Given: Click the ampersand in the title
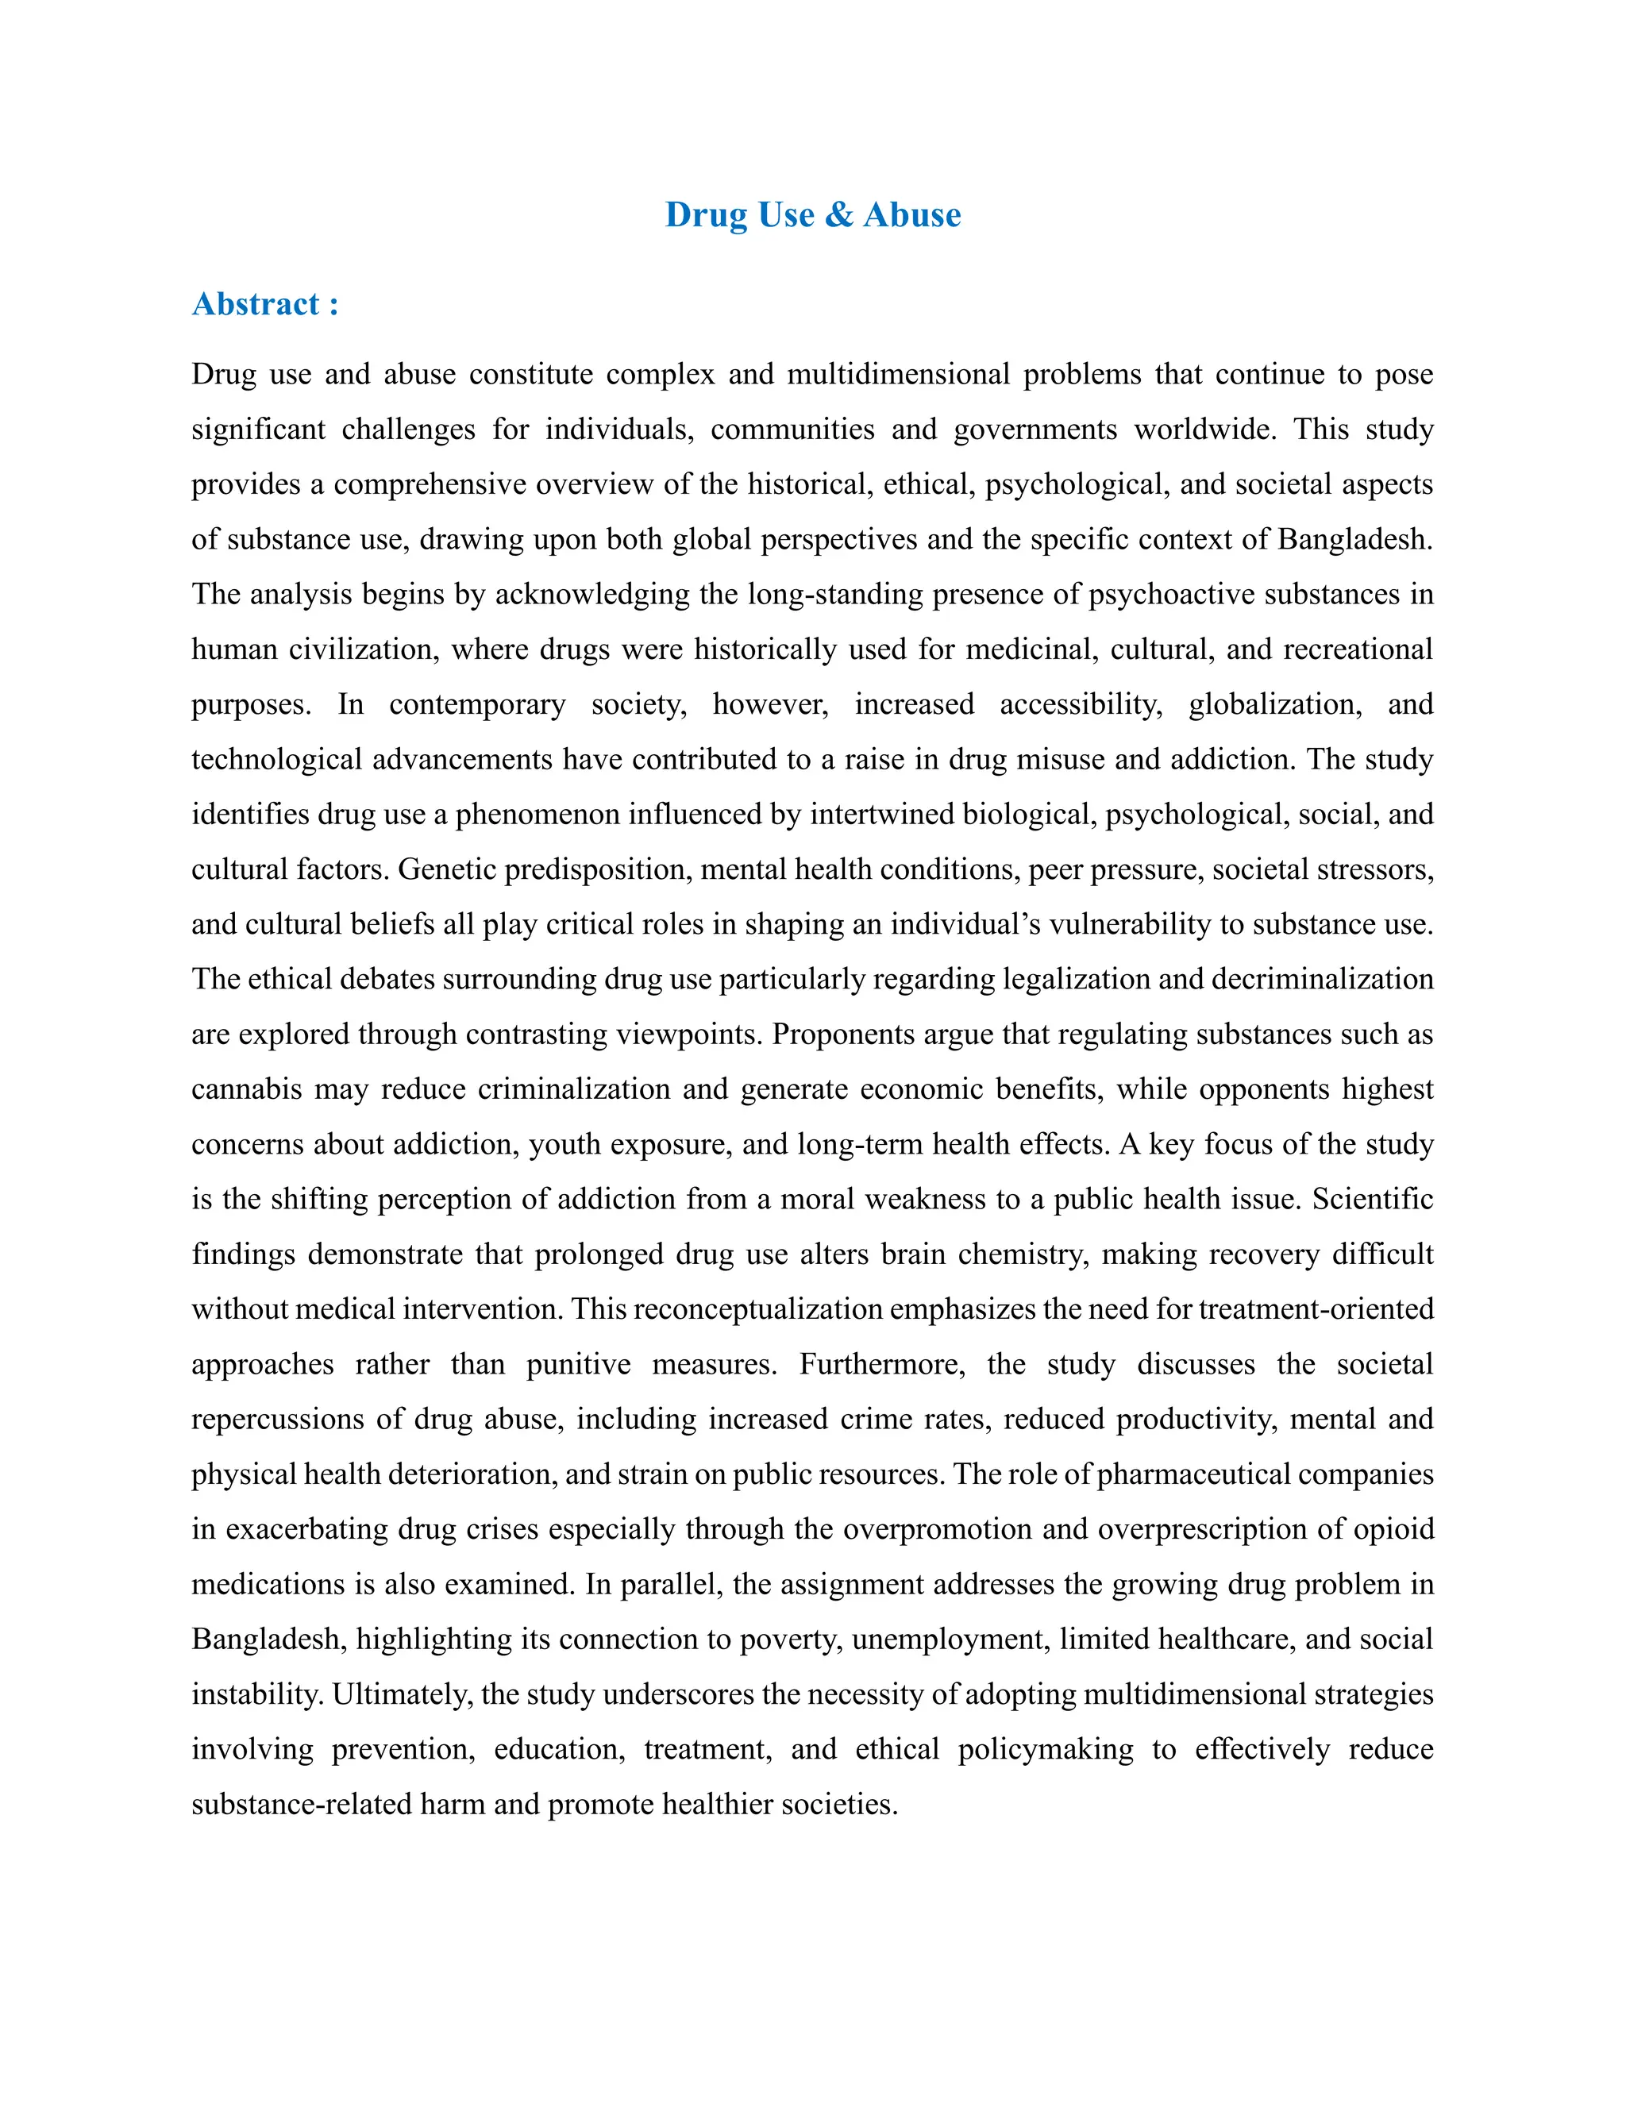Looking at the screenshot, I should (x=838, y=215).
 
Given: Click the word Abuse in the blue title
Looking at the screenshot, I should (x=911, y=215).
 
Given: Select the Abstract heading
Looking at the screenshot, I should (x=265, y=304).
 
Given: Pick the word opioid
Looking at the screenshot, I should (x=1394, y=1529).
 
